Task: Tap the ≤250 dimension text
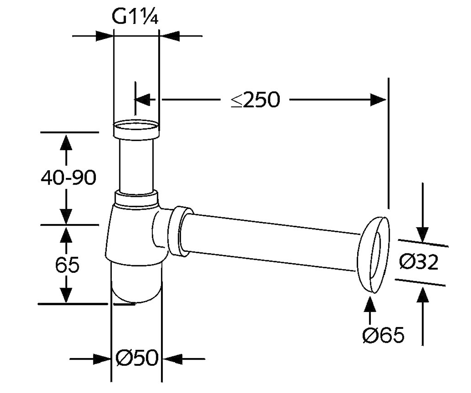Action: pos(256,99)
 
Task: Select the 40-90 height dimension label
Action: pos(68,178)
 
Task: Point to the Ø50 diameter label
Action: pos(137,358)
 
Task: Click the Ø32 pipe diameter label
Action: pos(419,262)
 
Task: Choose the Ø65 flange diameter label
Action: pos(383,335)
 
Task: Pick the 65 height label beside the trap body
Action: pos(67,265)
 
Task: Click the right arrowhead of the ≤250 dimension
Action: pos(378,99)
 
